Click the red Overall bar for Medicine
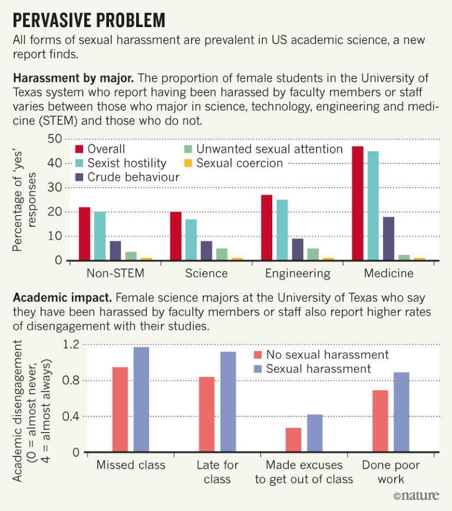coord(358,203)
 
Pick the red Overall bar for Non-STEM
coord(84,234)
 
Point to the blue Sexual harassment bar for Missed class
coord(141,400)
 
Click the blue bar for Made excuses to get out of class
coord(315,433)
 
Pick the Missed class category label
coord(131,465)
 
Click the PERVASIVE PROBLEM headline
coord(89,20)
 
